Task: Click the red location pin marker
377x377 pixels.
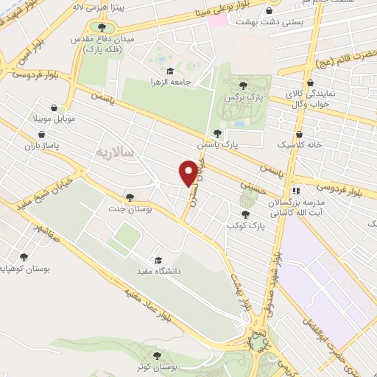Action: point(188,172)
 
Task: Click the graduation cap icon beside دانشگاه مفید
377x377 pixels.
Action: point(158,261)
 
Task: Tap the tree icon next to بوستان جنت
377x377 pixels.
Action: point(130,197)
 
